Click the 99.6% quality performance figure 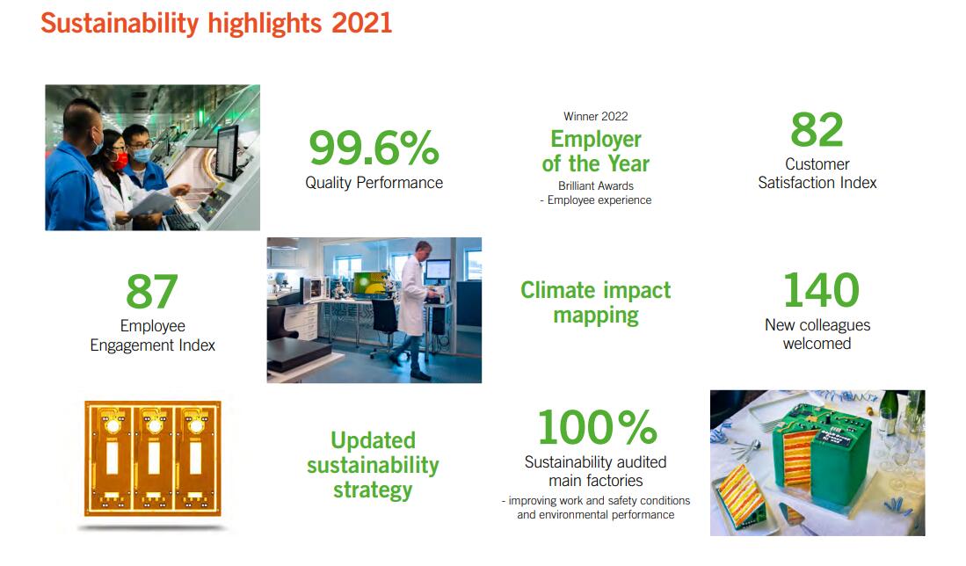(374, 148)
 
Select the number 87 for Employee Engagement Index (152, 292)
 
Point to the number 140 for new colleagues (821, 290)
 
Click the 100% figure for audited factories (597, 427)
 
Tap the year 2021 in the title (361, 24)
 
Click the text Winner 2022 (596, 116)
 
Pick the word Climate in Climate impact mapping (557, 289)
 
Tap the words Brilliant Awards (596, 185)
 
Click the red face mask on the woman (120, 161)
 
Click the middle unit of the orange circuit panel (154, 457)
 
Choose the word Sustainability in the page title (120, 24)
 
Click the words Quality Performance (374, 183)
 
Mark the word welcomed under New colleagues (817, 344)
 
